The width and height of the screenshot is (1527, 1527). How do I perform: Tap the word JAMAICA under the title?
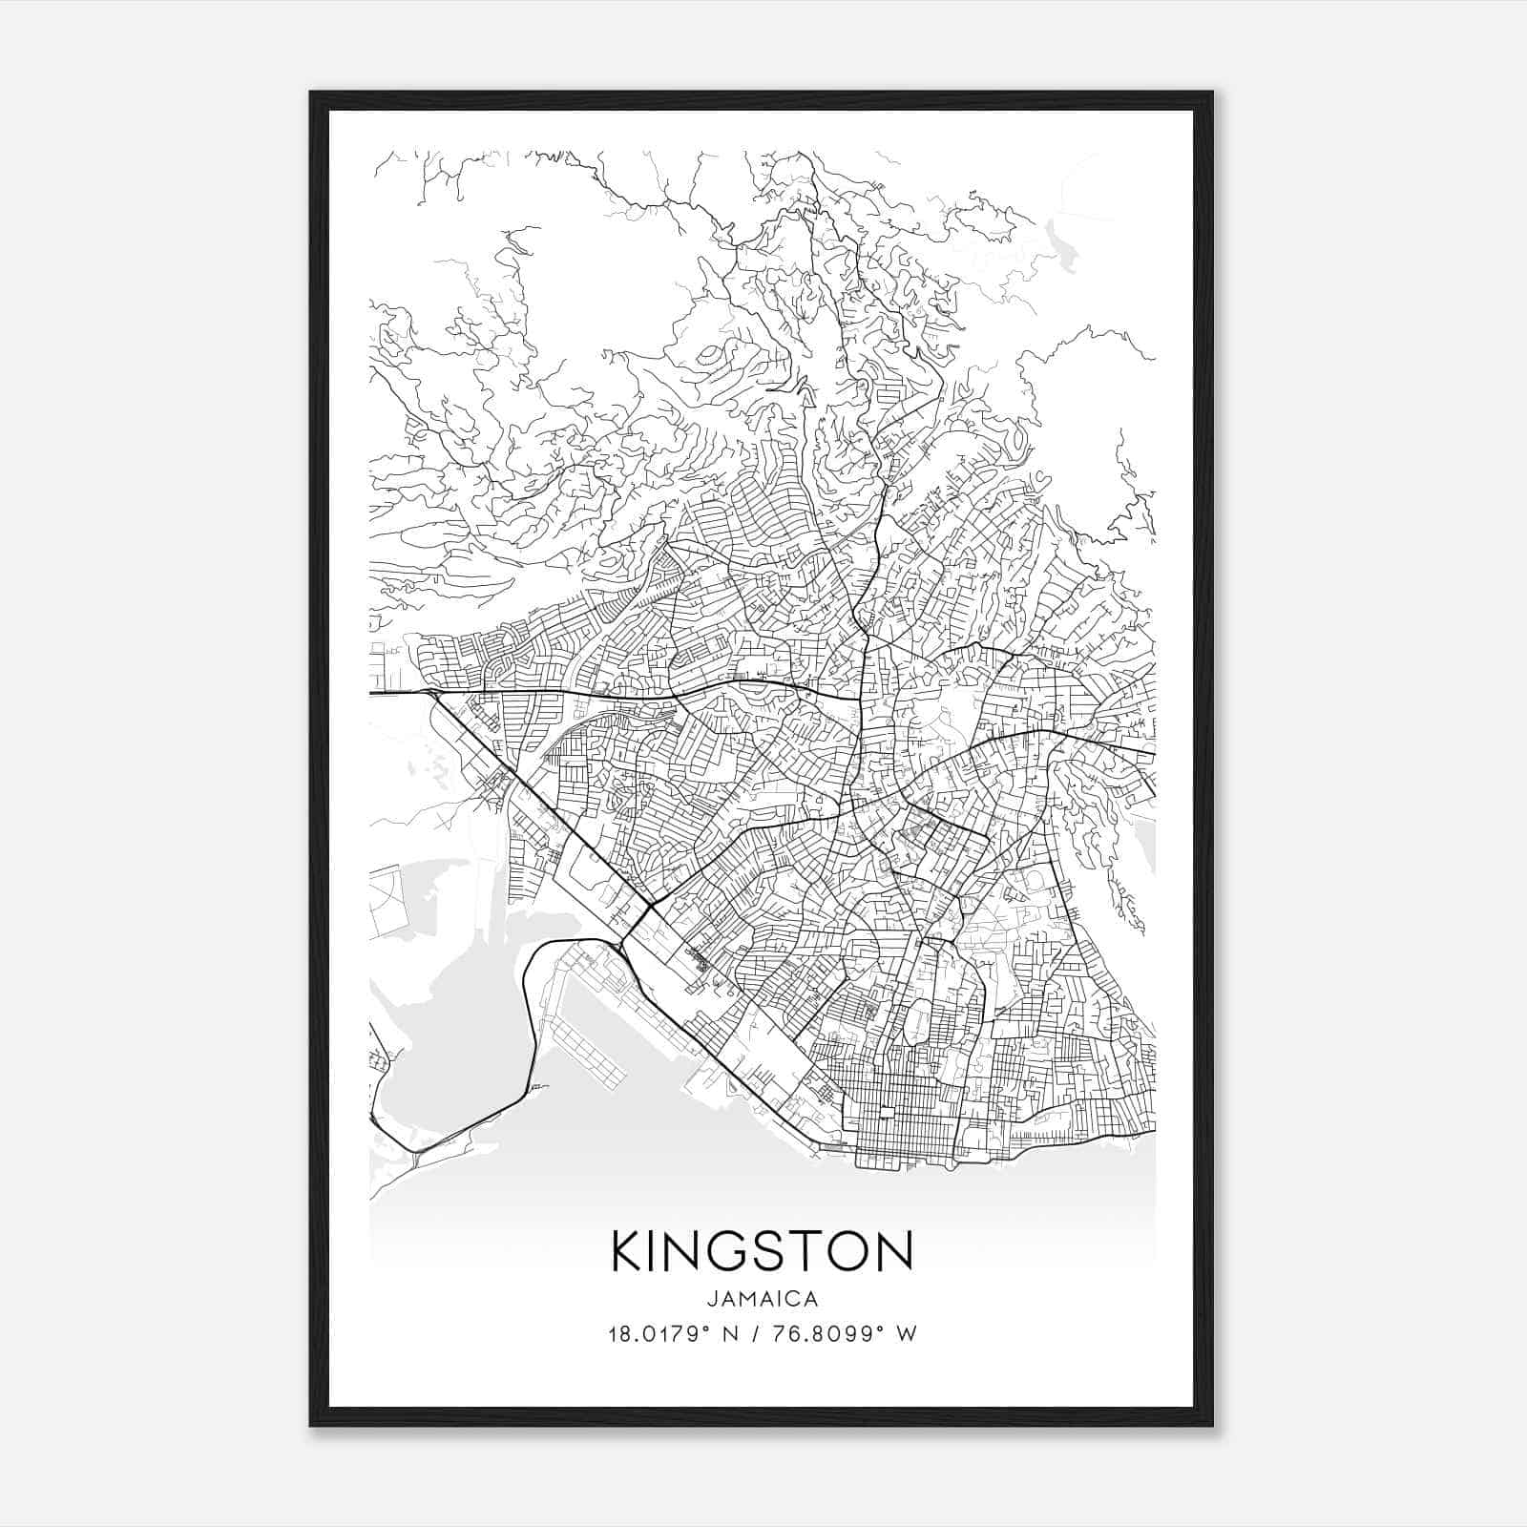pyautogui.click(x=762, y=1299)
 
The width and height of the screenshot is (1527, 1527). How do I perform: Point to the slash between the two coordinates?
pyautogui.click(x=754, y=1333)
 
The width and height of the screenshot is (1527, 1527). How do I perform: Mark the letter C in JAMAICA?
pyautogui.click(x=797, y=1299)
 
